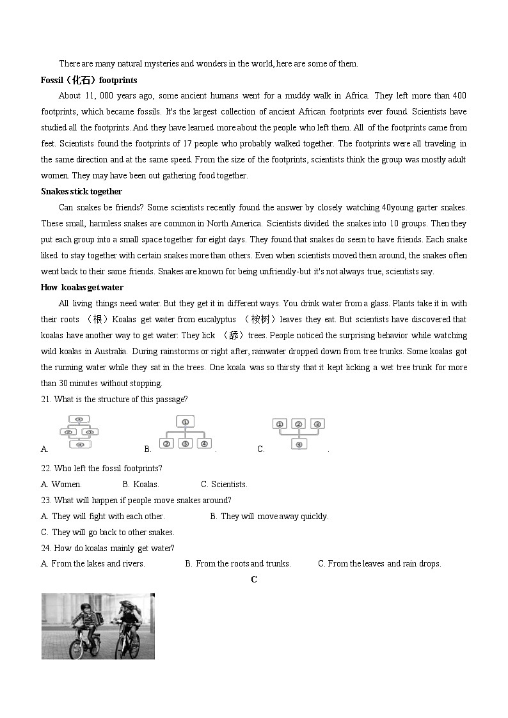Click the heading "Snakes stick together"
(x=81, y=191)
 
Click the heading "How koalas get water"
(x=82, y=287)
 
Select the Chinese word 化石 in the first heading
(x=82, y=80)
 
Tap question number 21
(x=47, y=399)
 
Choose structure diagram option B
(x=185, y=433)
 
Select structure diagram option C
(x=298, y=433)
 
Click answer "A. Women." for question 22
(x=61, y=484)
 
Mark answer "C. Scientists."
(x=224, y=484)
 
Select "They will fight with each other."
(x=102, y=516)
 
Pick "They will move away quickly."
(x=269, y=516)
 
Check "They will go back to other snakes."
(x=107, y=532)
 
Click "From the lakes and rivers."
(x=93, y=563)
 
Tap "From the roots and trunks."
(x=238, y=563)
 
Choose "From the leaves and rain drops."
(x=379, y=563)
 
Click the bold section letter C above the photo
(x=254, y=579)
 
